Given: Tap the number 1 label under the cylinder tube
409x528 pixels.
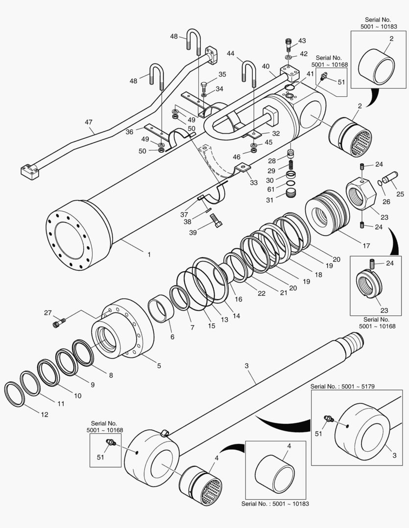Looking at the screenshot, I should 149,254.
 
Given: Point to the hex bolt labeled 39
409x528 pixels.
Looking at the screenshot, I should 216,224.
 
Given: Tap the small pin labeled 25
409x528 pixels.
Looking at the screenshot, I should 390,177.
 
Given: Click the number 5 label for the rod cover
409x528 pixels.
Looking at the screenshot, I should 159,365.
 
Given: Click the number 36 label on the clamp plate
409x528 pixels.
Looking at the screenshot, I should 129,131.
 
